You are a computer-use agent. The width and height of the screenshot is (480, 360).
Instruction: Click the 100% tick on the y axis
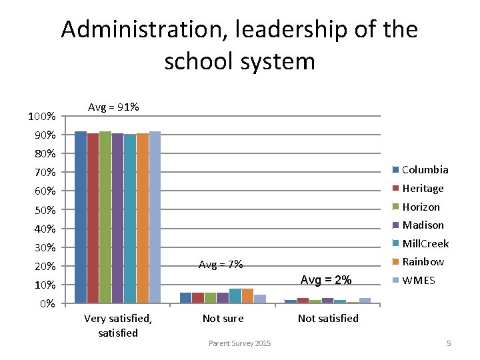point(41,117)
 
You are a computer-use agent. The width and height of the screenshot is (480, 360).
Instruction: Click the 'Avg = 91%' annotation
point(113,107)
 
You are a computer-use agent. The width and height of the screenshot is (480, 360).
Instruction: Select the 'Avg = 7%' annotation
point(221,265)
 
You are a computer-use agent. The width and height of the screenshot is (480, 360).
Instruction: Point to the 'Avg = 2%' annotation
point(325,279)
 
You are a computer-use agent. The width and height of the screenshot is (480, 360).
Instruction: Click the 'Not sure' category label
point(223,319)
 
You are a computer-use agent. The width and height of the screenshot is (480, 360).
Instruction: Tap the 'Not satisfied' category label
point(328,319)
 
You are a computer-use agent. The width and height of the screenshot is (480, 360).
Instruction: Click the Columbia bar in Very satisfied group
point(81,217)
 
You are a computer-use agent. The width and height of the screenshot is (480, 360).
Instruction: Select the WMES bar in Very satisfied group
point(155,217)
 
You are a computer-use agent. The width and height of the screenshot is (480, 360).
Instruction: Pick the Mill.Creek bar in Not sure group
point(235,296)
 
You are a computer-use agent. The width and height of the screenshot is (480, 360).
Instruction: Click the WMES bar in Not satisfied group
point(365,301)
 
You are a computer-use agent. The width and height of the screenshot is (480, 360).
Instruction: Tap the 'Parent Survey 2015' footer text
point(239,343)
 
